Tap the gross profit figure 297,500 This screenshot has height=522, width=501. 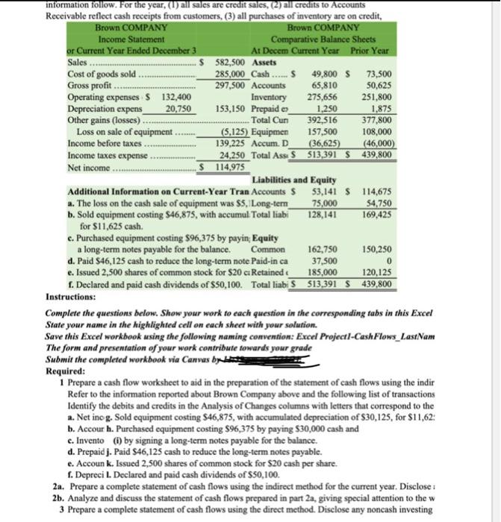pyautogui.click(x=231, y=85)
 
